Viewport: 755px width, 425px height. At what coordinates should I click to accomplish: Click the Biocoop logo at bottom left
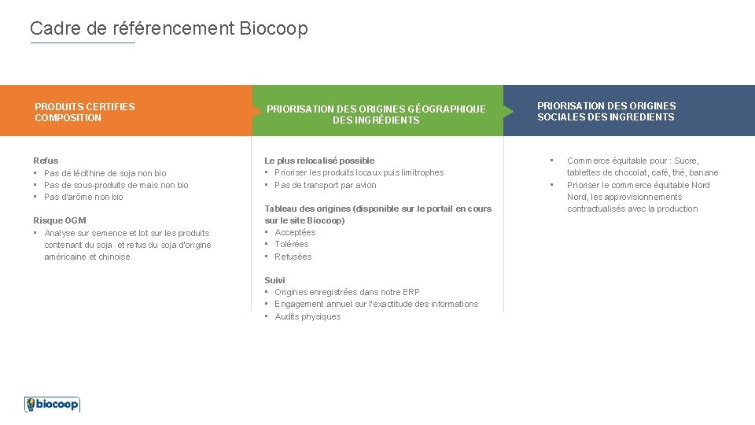click(x=52, y=404)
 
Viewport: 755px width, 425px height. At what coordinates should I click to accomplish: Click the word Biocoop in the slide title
click(x=274, y=29)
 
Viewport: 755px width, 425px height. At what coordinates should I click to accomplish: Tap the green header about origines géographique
click(x=376, y=114)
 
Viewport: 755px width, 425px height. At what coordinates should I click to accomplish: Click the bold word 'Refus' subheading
click(x=46, y=161)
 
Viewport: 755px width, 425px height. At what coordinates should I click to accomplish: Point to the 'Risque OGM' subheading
click(x=60, y=220)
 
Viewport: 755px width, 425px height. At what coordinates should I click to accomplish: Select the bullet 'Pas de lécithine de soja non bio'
click(x=105, y=173)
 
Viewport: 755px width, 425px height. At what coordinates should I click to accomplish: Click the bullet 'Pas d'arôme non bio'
click(x=83, y=197)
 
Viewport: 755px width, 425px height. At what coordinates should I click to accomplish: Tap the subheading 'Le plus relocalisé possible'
click(x=319, y=161)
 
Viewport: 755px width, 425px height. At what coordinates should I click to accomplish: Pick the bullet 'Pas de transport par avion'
click(x=326, y=185)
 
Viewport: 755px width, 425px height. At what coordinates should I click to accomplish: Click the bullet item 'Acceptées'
click(x=295, y=232)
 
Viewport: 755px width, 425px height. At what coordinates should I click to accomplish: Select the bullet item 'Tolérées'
click(x=292, y=244)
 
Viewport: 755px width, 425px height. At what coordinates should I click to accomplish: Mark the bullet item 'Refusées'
click(x=293, y=257)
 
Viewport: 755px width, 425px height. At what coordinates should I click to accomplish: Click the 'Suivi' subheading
click(x=274, y=280)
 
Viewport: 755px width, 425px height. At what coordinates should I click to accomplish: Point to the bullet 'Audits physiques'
click(x=308, y=316)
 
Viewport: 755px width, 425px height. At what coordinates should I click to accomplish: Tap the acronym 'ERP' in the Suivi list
click(x=411, y=292)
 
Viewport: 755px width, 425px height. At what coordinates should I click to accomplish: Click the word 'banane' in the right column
click(x=704, y=172)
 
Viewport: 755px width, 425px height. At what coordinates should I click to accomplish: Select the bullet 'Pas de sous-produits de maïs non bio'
click(x=116, y=185)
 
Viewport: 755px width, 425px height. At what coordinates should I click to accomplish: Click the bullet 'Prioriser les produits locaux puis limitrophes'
click(x=359, y=172)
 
